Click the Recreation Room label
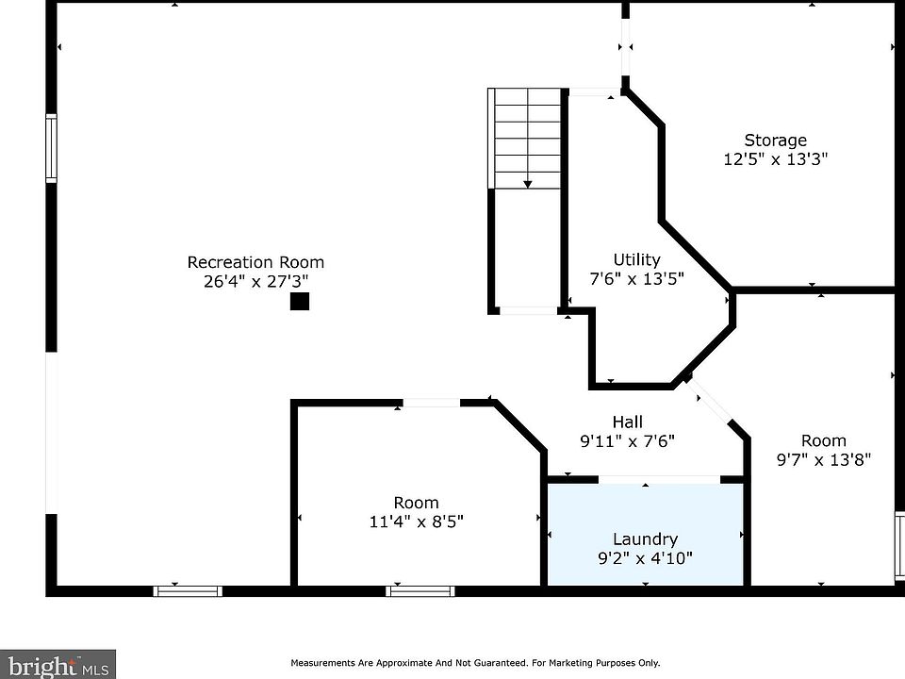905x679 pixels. [255, 262]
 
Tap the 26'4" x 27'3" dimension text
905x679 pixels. [255, 281]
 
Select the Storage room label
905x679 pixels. [775, 141]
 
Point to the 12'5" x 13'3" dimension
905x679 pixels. [775, 159]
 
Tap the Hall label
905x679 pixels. [627, 422]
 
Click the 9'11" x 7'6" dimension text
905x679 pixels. [627, 440]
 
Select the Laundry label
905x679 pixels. [645, 539]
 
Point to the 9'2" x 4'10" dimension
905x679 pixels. [645, 558]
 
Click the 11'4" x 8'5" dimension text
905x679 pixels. [416, 521]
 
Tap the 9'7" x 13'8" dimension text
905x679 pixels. [823, 459]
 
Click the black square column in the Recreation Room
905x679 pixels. [299, 302]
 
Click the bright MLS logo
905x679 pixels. [58, 664]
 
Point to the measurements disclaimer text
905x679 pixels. [475, 663]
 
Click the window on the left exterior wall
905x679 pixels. [51, 147]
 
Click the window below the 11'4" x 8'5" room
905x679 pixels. [420, 591]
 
